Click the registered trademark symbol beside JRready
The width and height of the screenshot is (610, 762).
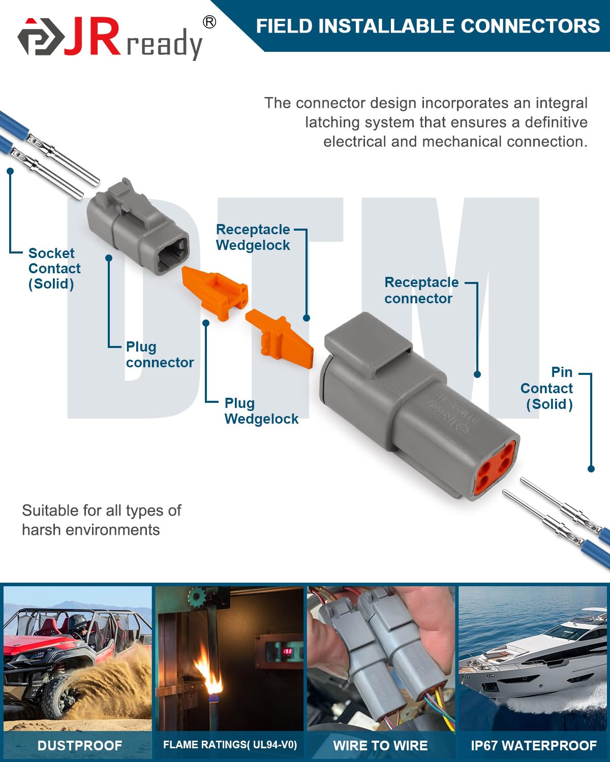(x=209, y=22)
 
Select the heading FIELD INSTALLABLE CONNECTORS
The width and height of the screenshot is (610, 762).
(x=428, y=26)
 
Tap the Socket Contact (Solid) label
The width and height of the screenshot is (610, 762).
(x=54, y=268)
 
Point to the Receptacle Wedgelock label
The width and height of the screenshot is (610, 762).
(x=253, y=237)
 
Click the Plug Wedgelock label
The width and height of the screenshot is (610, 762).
(x=261, y=411)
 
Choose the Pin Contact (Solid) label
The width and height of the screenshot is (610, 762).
(x=548, y=388)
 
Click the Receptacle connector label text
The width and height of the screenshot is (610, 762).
(x=421, y=290)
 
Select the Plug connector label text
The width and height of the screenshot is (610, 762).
(x=160, y=355)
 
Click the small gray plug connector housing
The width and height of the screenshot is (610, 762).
(x=137, y=229)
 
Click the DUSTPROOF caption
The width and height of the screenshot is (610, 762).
(x=80, y=745)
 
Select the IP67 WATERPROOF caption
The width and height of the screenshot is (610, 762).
(x=533, y=745)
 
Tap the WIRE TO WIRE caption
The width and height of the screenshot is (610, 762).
(x=380, y=745)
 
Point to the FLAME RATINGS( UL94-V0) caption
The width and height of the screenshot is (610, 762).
(x=230, y=745)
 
